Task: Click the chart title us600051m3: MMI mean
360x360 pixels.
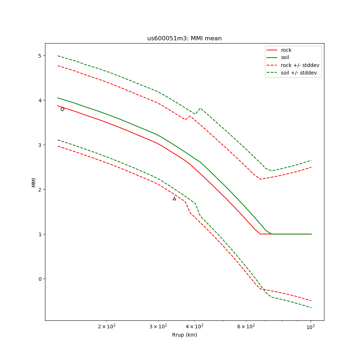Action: tap(184, 39)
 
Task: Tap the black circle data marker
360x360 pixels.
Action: tap(62, 109)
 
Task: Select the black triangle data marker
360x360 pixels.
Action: tap(174, 199)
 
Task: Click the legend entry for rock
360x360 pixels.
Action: tap(286, 50)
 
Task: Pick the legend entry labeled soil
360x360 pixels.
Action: tap(285, 57)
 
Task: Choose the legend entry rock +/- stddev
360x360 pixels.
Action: tap(300, 65)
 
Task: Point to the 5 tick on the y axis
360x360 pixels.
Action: tap(40, 55)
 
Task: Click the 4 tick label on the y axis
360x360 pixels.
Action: tap(40, 100)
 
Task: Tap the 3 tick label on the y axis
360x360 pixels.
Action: tap(40, 145)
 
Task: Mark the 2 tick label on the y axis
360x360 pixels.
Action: tap(40, 189)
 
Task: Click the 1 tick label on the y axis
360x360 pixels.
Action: tap(40, 234)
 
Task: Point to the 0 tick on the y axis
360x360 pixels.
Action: tap(40, 279)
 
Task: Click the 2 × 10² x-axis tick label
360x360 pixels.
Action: tap(107, 327)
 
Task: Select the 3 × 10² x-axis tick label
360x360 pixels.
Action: tap(158, 327)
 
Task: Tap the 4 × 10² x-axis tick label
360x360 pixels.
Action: tap(194, 327)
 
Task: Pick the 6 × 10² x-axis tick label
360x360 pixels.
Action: tap(246, 327)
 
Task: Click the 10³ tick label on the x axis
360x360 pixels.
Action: tap(310, 327)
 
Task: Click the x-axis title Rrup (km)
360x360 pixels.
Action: tap(184, 335)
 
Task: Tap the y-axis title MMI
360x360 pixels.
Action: tap(33, 182)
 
